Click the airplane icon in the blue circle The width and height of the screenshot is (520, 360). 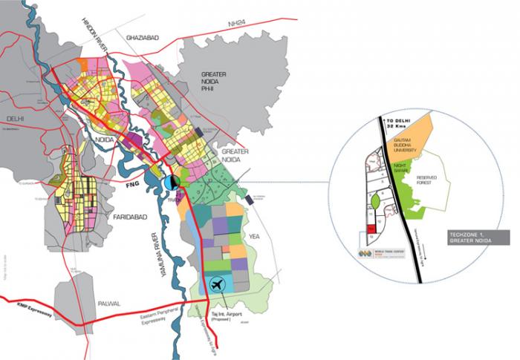point(217,284)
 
